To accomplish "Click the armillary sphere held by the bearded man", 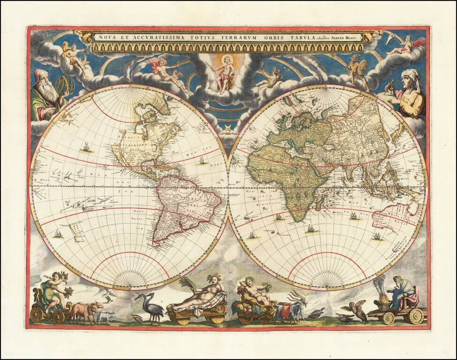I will [65, 85].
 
